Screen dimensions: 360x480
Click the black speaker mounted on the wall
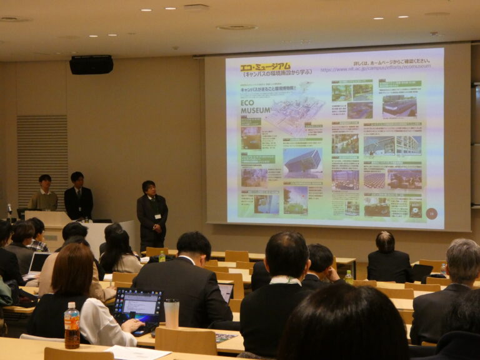pyautogui.click(x=91, y=64)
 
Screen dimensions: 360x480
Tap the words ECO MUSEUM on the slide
pyautogui.click(x=256, y=106)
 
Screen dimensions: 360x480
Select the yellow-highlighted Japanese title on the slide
pyautogui.click(x=265, y=66)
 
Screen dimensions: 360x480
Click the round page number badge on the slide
pyautogui.click(x=431, y=212)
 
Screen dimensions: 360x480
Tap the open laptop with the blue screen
pyautogui.click(x=139, y=307)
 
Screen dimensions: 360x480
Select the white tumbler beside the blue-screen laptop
pyautogui.click(x=171, y=313)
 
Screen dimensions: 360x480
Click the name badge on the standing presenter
pyautogui.click(x=157, y=217)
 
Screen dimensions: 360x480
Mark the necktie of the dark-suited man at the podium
pyautogui.click(x=79, y=195)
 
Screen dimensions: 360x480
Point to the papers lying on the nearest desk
pyautogui.click(x=137, y=353)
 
